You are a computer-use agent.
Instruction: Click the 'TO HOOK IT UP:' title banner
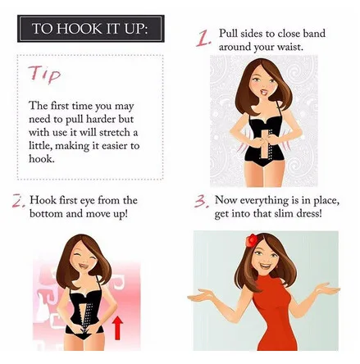(x=91, y=29)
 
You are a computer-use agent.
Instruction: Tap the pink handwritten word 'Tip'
(x=45, y=74)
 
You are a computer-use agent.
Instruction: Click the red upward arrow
(x=117, y=327)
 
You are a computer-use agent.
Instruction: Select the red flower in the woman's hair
(x=252, y=240)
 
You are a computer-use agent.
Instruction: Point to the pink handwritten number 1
(x=203, y=39)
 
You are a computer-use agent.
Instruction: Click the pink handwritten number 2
(x=19, y=201)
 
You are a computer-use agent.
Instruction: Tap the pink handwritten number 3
(x=202, y=202)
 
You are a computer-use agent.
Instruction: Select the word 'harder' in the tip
(x=101, y=119)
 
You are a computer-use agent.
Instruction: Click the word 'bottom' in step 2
(x=47, y=213)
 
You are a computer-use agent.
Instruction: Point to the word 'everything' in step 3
(x=264, y=201)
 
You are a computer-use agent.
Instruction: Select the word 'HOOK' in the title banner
(x=79, y=29)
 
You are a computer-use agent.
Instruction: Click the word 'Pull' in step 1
(x=227, y=34)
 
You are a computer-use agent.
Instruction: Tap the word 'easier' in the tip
(x=114, y=146)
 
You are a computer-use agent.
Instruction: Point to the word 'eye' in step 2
(x=88, y=201)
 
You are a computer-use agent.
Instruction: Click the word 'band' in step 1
(x=314, y=34)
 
